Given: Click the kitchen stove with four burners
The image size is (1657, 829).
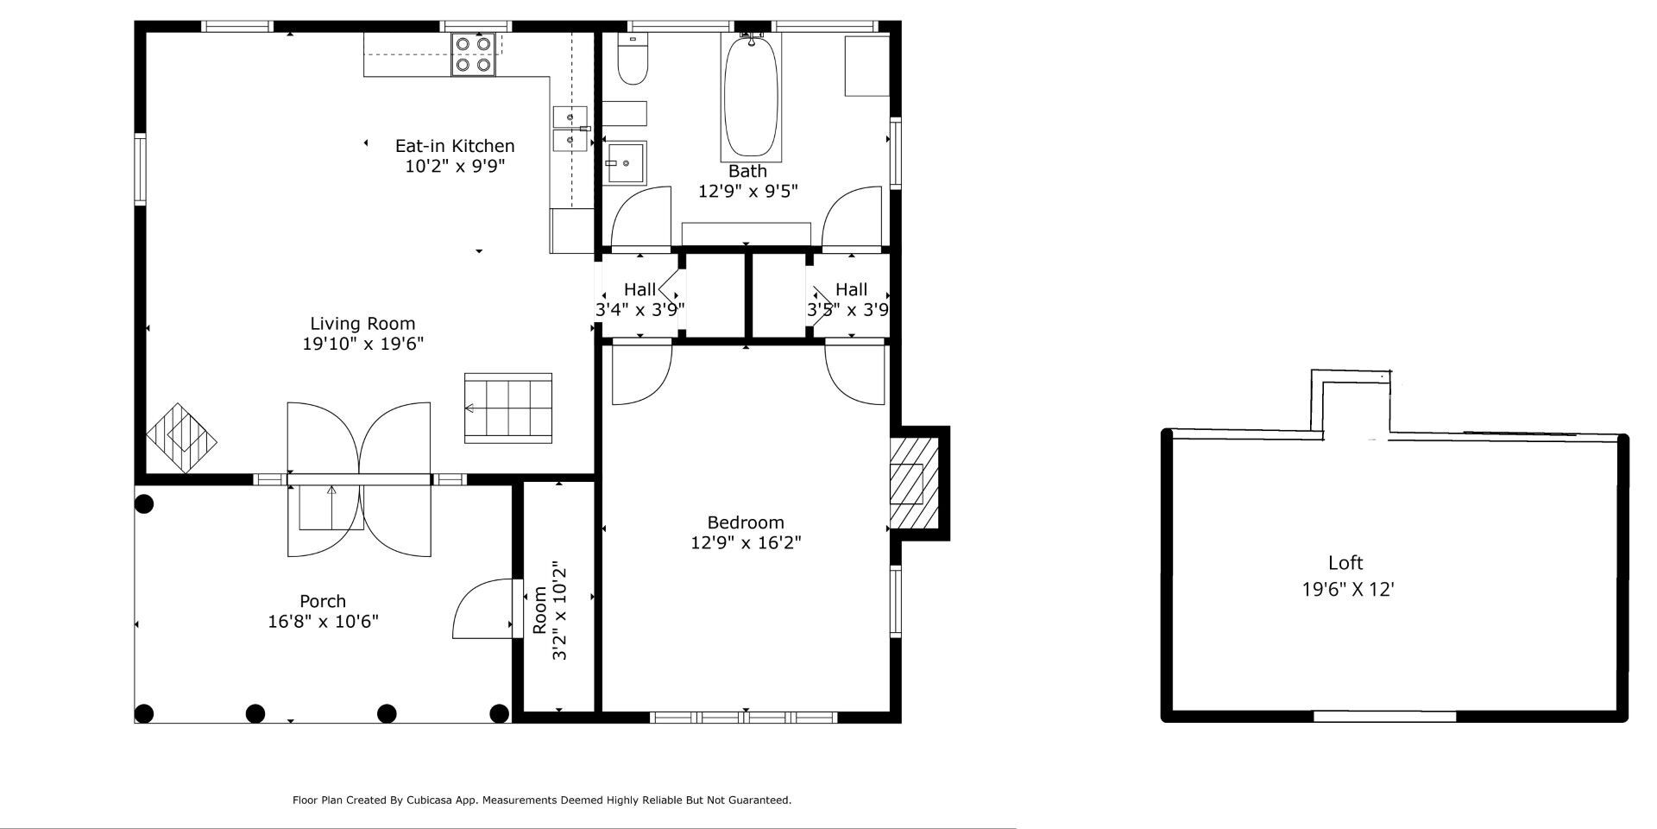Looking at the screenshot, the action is (x=474, y=54).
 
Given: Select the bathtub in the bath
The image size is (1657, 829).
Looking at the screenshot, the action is (x=751, y=97).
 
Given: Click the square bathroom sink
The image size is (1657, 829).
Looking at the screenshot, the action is (x=624, y=163).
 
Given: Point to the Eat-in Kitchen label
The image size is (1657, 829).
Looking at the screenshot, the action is (x=455, y=146).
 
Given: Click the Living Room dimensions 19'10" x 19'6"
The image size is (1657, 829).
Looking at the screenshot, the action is (x=362, y=344).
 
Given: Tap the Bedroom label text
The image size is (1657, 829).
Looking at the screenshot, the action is (x=746, y=522).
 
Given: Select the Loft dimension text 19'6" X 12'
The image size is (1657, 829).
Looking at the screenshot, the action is (x=1348, y=590).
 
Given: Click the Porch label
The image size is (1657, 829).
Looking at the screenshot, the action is (x=323, y=601).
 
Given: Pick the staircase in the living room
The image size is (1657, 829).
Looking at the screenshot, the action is (x=508, y=408).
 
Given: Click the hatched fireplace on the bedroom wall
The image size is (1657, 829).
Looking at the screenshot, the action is (x=913, y=484).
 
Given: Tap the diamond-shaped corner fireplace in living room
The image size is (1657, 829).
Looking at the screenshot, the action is (x=181, y=438).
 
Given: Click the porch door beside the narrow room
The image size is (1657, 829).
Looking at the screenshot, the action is (x=485, y=608).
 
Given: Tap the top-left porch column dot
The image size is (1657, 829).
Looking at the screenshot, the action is (x=144, y=504).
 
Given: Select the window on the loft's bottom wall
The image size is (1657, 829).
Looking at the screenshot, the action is (x=1384, y=716).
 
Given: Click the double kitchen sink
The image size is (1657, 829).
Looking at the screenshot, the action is (x=570, y=129).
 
